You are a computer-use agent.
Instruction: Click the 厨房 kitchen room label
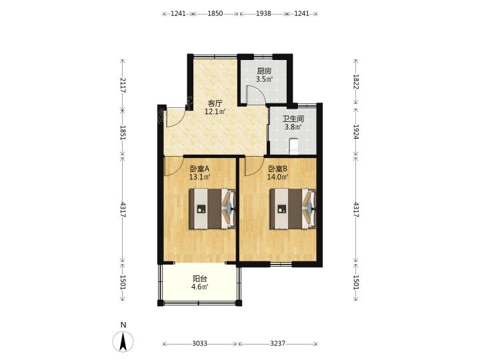point(264,71)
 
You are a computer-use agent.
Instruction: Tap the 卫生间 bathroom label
point(293,119)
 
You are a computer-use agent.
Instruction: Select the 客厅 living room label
point(215,103)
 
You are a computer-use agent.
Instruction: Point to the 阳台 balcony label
point(200,279)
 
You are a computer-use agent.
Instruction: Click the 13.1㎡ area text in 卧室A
point(199,177)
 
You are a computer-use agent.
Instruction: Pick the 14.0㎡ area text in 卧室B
point(278,177)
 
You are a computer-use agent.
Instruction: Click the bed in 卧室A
point(213,209)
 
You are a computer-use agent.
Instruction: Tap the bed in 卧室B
point(293,209)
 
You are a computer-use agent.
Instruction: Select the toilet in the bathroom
point(294,146)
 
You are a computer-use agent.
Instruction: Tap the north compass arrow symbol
point(123,341)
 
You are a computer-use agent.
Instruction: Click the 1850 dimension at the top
point(215,14)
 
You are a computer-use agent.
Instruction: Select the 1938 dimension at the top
point(263,14)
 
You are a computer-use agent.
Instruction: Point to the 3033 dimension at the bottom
point(200,344)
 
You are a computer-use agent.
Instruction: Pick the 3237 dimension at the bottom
point(278,344)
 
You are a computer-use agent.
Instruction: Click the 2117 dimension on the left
point(123,85)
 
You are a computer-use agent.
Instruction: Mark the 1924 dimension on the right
point(356,131)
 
